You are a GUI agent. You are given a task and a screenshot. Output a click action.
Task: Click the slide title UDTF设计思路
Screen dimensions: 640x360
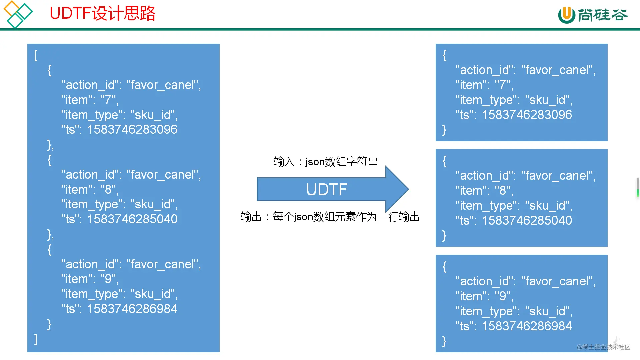pyautogui.click(x=102, y=13)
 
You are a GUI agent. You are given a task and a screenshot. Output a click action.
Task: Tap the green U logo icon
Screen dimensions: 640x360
pyautogui.click(x=566, y=15)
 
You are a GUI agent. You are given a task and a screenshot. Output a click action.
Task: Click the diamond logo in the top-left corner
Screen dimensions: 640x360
pyautogui.click(x=18, y=14)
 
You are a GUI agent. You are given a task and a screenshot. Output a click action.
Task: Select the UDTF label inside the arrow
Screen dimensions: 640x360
pyautogui.click(x=327, y=189)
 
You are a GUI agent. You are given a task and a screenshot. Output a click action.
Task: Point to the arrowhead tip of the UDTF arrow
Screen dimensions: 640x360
pyautogui.click(x=409, y=189)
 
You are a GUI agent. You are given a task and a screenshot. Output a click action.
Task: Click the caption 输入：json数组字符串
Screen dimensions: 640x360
pyautogui.click(x=326, y=162)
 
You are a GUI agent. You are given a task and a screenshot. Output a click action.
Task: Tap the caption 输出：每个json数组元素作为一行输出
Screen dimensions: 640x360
pyautogui.click(x=330, y=217)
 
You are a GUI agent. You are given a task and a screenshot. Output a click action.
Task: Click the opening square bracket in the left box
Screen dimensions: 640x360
pyautogui.click(x=36, y=55)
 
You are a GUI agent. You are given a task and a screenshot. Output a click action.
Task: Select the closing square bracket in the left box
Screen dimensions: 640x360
pyautogui.click(x=36, y=339)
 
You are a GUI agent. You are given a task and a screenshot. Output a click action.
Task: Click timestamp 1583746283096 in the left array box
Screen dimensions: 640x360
pyautogui.click(x=132, y=129)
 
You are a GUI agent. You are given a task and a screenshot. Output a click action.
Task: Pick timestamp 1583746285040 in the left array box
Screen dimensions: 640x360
pyautogui.click(x=132, y=219)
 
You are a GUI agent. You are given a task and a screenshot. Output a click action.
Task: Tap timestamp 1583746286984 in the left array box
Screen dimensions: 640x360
pyautogui.click(x=132, y=309)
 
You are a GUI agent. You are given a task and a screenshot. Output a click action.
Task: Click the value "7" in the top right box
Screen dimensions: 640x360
pyautogui.click(x=503, y=85)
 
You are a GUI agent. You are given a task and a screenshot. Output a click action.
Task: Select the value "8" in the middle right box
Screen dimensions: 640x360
pyautogui.click(x=503, y=190)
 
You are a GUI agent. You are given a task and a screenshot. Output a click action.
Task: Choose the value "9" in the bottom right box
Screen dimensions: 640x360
pyautogui.click(x=503, y=296)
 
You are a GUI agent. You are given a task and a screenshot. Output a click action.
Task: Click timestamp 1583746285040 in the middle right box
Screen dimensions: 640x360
pyautogui.click(x=527, y=220)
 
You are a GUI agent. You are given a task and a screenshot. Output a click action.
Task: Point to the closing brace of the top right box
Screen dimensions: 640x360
pyautogui.click(x=444, y=130)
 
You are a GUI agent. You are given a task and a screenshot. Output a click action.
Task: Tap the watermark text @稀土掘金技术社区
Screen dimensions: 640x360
pyautogui.click(x=603, y=347)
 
